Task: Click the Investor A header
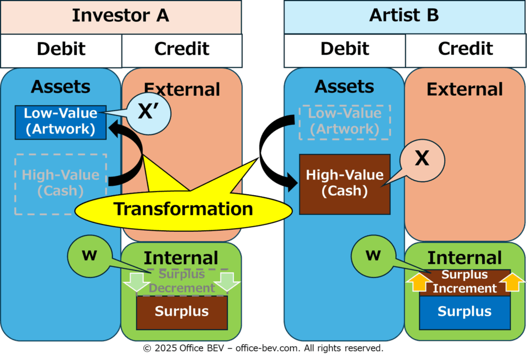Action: pyautogui.click(x=120, y=17)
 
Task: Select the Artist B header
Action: pyautogui.click(x=405, y=17)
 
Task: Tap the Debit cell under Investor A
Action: pyautogui.click(x=61, y=50)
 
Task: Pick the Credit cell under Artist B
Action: pyautogui.click(x=465, y=50)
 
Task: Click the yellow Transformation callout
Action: pyautogui.click(x=183, y=209)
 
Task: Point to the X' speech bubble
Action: pyautogui.click(x=149, y=113)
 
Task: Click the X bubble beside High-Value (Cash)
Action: pyautogui.click(x=422, y=161)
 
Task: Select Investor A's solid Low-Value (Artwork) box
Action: pyautogui.click(x=61, y=122)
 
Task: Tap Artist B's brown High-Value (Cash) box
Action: pyautogui.click(x=344, y=184)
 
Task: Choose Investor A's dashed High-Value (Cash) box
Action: pyautogui.click(x=61, y=184)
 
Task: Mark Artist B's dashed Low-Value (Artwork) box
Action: pyautogui.click(x=344, y=122)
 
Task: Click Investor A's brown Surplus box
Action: pyautogui.click(x=182, y=312)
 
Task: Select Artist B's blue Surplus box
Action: pyautogui.click(x=465, y=312)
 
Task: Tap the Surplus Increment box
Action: pyautogui.click(x=465, y=282)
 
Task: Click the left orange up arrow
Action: pyautogui.click(x=418, y=282)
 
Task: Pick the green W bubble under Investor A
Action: pyautogui.click(x=90, y=256)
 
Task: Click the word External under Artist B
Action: pyautogui.click(x=465, y=90)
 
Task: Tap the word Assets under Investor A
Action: pyautogui.click(x=61, y=87)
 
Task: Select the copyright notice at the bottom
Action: pyautogui.click(x=263, y=348)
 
